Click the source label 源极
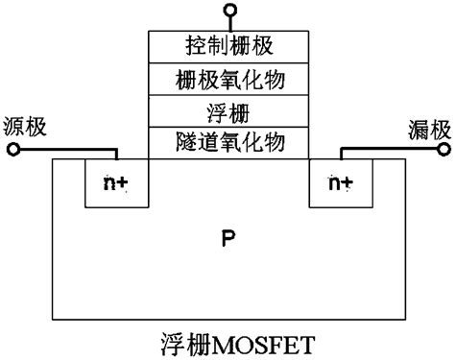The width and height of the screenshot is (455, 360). [x=29, y=127]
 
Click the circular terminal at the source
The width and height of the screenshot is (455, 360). [x=13, y=150]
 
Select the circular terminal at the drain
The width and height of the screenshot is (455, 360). [x=443, y=150]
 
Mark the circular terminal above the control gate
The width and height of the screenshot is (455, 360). [x=228, y=11]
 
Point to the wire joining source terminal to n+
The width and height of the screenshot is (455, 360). [x=67, y=150]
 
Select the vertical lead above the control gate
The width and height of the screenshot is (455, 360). [x=228, y=23]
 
